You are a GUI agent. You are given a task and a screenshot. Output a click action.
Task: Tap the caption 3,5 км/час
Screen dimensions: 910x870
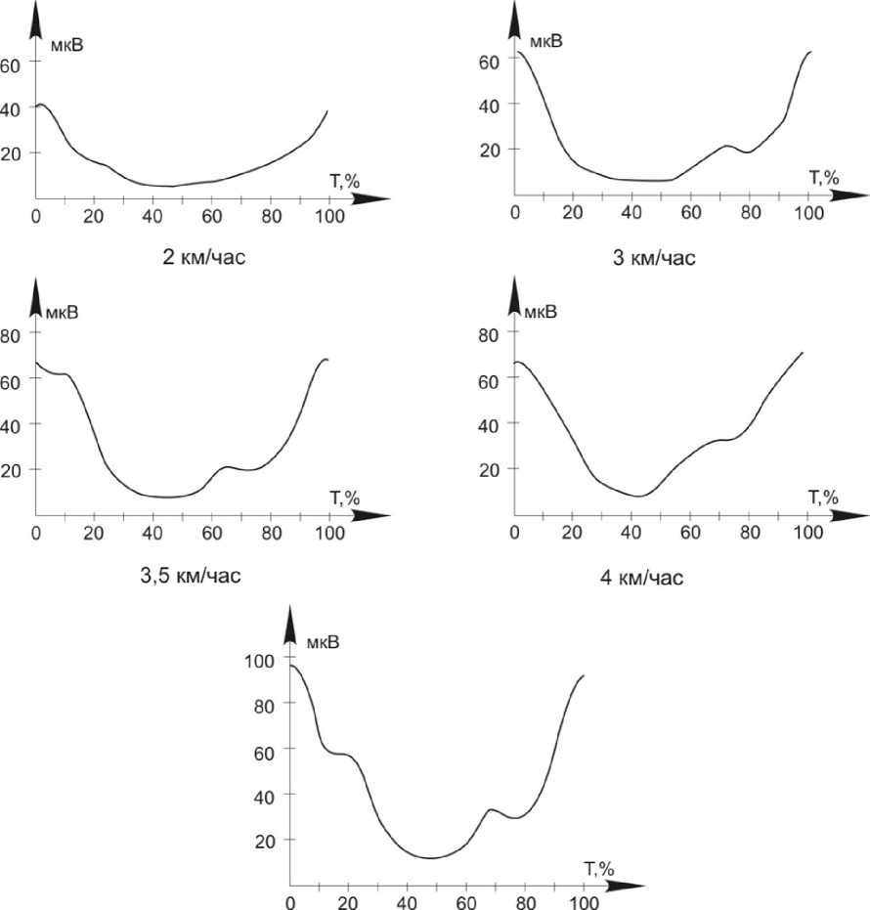(191, 574)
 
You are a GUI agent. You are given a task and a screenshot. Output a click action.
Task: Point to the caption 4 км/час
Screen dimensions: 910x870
(641, 578)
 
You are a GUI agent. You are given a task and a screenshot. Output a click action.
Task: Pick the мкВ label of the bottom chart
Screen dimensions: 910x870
(323, 642)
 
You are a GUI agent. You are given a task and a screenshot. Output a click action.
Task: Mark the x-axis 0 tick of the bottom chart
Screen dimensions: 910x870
(290, 902)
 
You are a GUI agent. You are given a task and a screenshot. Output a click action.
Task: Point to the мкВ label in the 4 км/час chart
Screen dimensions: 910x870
(543, 312)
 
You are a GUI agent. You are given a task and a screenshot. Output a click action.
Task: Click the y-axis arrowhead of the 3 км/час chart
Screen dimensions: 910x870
(515, 18)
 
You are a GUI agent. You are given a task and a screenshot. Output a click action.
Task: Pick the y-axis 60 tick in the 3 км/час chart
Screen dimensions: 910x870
(489, 60)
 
